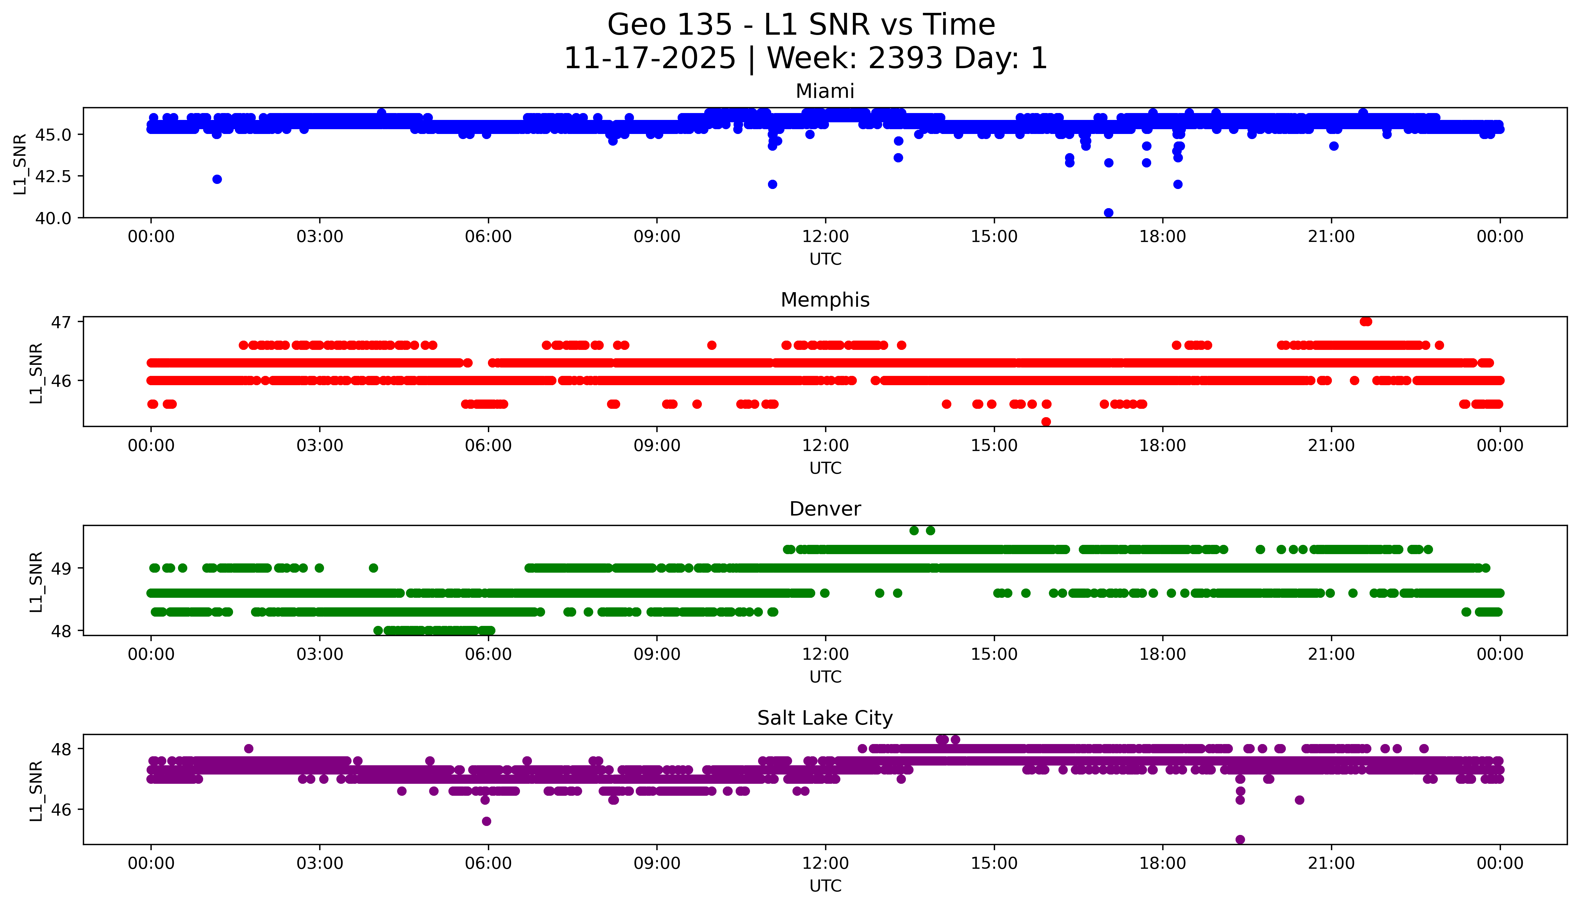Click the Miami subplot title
(825, 92)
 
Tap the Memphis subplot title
(825, 300)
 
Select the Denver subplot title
(825, 509)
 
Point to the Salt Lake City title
(825, 718)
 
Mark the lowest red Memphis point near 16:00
(1046, 422)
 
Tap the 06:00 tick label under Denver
(488, 655)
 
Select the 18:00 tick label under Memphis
(1163, 446)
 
